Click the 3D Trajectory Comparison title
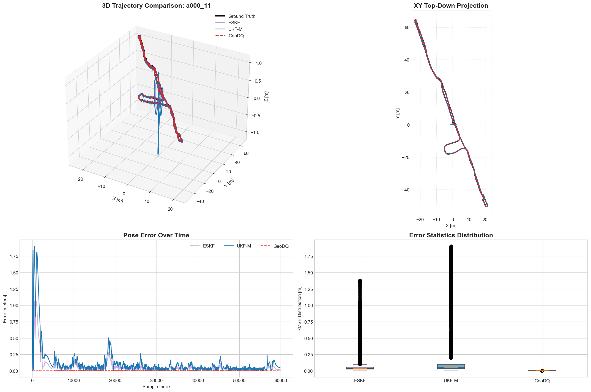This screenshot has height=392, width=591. click(x=156, y=6)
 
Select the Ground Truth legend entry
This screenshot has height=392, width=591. click(x=242, y=16)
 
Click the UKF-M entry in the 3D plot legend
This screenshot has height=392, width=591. click(x=235, y=29)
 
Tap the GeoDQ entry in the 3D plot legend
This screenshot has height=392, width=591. click(x=236, y=36)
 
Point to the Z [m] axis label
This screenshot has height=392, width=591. click(x=266, y=96)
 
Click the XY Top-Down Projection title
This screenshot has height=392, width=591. click(x=451, y=6)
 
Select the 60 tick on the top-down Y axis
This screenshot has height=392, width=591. click(x=407, y=27)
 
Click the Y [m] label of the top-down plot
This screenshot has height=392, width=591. click(x=397, y=113)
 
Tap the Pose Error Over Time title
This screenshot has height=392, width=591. click(x=156, y=235)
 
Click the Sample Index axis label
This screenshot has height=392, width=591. click(x=156, y=387)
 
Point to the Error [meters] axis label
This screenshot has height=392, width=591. click(x=5, y=309)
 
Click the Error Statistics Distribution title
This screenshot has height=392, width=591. click(x=451, y=235)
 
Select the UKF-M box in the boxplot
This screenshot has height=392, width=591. click(x=451, y=366)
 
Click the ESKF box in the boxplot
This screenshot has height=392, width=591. click(x=360, y=368)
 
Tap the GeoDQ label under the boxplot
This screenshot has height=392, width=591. click(x=542, y=381)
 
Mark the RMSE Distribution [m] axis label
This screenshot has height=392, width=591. click(x=300, y=309)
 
